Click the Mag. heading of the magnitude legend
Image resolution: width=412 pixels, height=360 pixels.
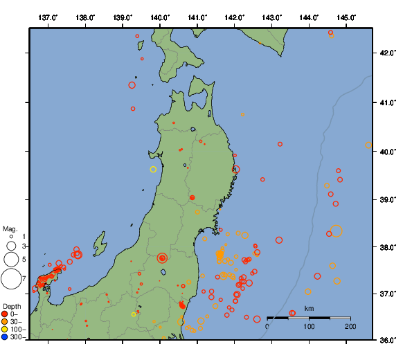10,228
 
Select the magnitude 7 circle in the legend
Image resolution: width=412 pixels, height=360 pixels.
11,279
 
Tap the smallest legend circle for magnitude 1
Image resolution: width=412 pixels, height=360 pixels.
11,237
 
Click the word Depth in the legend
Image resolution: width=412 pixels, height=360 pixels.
12,306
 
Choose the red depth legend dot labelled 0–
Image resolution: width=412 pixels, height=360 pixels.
6,314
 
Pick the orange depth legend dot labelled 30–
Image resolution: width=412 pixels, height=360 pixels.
6,322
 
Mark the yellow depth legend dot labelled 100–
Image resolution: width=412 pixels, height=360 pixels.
6,330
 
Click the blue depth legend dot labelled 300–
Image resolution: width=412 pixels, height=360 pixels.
6,337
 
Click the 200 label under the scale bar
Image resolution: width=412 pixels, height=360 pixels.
350,326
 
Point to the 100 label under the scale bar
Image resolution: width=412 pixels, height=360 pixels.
309,326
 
